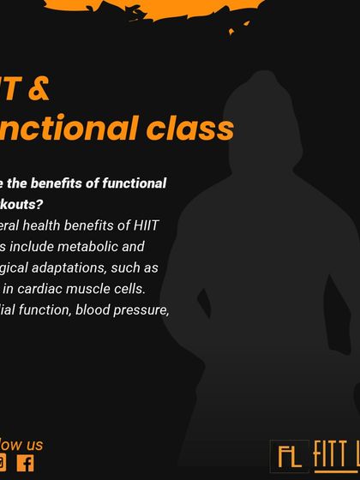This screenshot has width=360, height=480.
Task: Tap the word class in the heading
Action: (189, 128)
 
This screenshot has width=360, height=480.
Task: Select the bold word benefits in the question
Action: (66, 183)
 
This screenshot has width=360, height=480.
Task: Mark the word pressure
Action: (144, 310)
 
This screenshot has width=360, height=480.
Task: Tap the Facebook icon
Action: (26, 464)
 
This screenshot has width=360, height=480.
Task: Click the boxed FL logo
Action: (289, 456)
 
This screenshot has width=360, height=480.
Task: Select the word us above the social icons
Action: (33, 444)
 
